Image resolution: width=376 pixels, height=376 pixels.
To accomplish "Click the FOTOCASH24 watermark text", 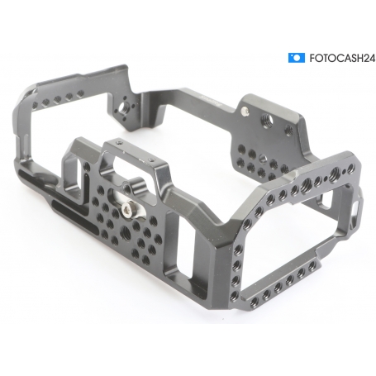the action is coord(342,59).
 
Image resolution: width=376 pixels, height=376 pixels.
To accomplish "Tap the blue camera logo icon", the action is coord(297,58).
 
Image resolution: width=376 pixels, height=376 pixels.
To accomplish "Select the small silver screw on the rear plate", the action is coord(245,111).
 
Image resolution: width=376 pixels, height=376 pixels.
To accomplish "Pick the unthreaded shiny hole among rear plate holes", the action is coord(263,158).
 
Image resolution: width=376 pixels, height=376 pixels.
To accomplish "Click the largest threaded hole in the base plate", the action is coord(126,230).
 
